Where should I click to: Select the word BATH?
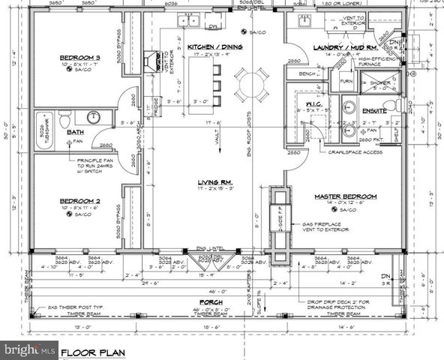click(x=75, y=132)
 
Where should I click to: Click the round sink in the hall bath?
click(x=94, y=117)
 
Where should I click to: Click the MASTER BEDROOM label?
click(x=346, y=196)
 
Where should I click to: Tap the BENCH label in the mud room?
click(x=306, y=74)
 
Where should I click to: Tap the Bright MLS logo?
click(x=30, y=350)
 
